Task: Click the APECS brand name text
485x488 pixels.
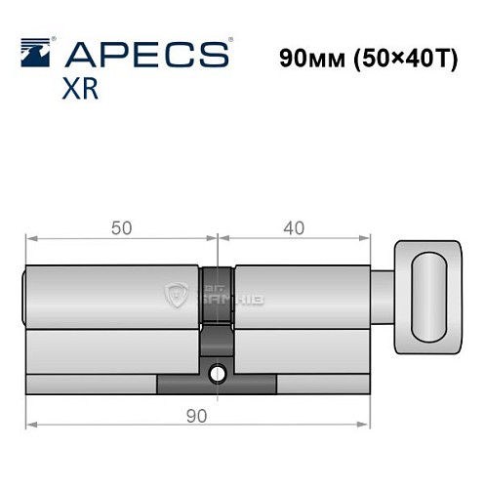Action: tap(152, 54)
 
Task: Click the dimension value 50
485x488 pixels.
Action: tap(121, 228)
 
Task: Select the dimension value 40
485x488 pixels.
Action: tap(293, 228)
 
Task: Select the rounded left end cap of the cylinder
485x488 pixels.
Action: tap(25, 293)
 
